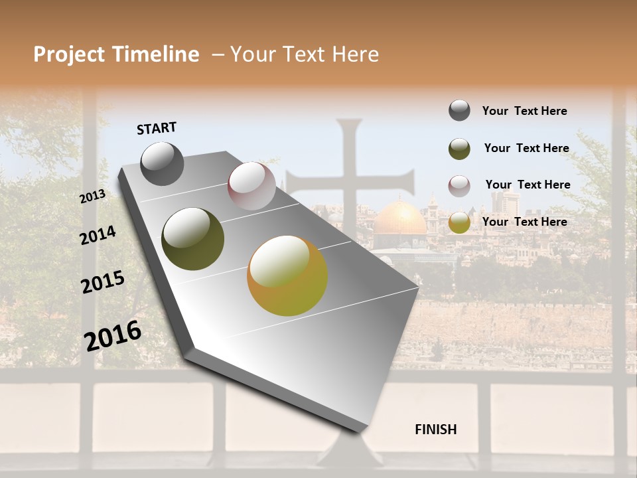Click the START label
click(x=157, y=128)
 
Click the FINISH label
click(x=436, y=430)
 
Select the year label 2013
click(x=93, y=197)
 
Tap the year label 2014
click(x=98, y=236)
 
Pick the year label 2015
click(x=103, y=282)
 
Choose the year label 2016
click(x=113, y=335)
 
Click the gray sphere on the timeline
click(x=162, y=163)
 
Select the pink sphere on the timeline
click(x=251, y=186)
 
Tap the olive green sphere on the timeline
click(x=192, y=239)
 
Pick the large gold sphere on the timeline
click(x=287, y=276)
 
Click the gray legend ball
click(x=459, y=110)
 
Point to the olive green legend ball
click(x=459, y=149)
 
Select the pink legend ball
click(x=459, y=186)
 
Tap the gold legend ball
click(x=459, y=222)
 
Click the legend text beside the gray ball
click(x=524, y=111)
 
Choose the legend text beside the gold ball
click(x=524, y=222)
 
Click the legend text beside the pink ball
click(x=528, y=185)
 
